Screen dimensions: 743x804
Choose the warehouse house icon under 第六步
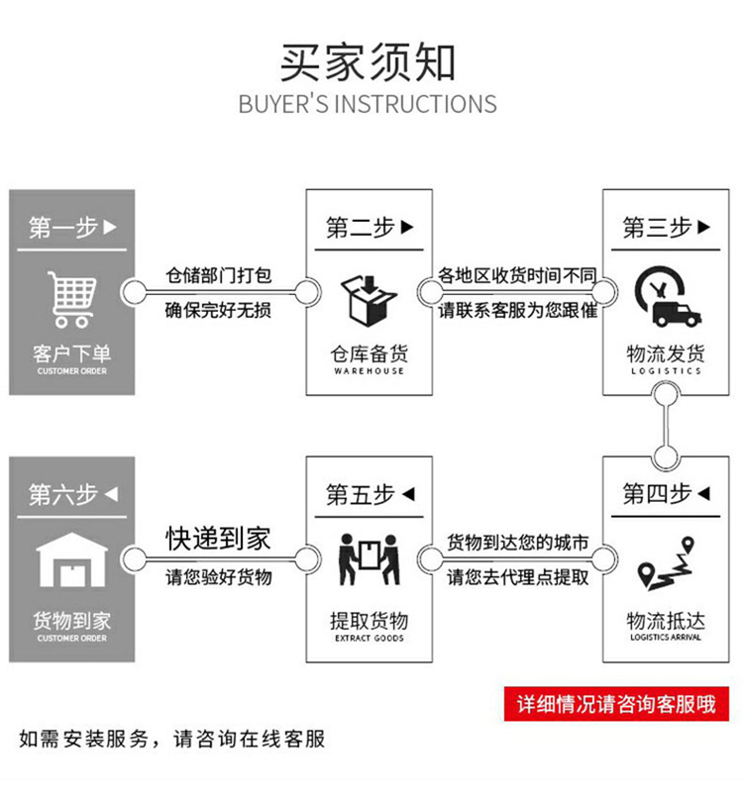[72, 562]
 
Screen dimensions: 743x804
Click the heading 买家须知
[368, 62]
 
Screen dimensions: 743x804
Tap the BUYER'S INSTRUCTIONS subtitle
[368, 103]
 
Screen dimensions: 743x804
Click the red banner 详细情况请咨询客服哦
[616, 704]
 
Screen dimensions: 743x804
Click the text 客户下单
[72, 353]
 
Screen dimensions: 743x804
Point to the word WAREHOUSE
[369, 371]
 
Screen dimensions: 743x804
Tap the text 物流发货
[666, 353]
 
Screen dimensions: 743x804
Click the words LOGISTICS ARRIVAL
[665, 638]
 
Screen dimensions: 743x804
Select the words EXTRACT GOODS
[369, 638]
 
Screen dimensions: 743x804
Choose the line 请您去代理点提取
[518, 576]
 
